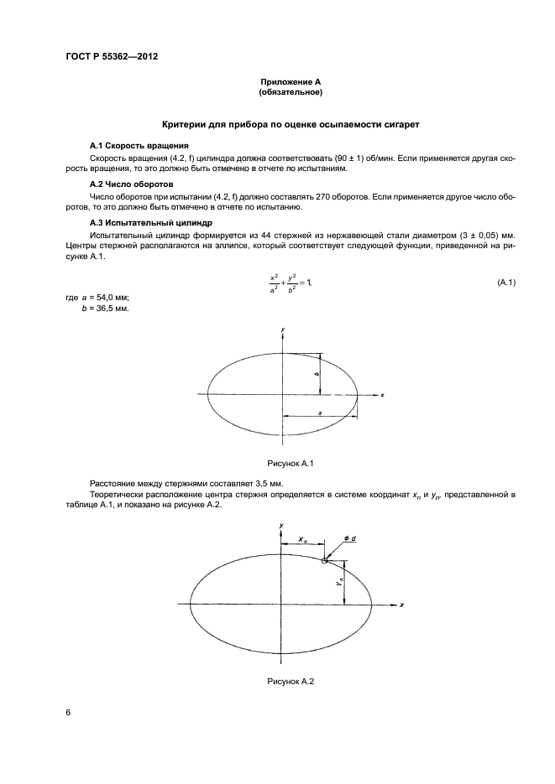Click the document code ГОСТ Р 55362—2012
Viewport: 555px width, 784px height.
[x=113, y=57]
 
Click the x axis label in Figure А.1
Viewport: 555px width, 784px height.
[x=381, y=394]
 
